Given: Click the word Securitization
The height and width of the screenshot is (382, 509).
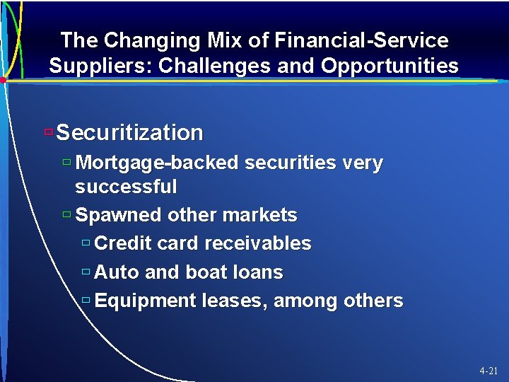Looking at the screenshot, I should pyautogui.click(x=129, y=132).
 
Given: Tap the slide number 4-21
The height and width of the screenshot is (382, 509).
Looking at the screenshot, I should pyautogui.click(x=488, y=371).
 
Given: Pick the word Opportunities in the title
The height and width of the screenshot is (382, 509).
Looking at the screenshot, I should pyautogui.click(x=390, y=66).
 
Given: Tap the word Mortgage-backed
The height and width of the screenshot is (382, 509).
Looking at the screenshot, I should pyautogui.click(x=156, y=163).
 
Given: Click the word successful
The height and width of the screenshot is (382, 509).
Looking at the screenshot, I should pyautogui.click(x=126, y=187).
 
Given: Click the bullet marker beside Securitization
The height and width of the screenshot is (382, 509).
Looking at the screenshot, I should pyautogui.click(x=48, y=132).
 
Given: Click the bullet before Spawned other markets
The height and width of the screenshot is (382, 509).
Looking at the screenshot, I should pyautogui.click(x=66, y=214).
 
